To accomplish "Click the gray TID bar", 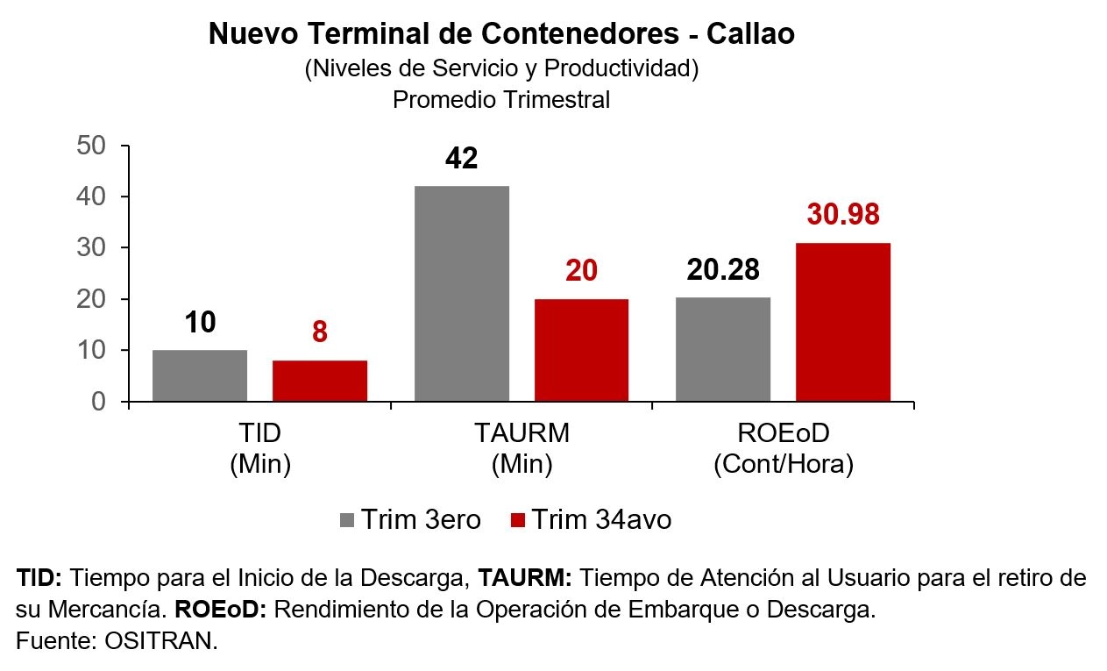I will (x=200, y=375).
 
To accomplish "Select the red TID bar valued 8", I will (x=320, y=381).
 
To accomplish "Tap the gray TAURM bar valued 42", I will (x=462, y=294).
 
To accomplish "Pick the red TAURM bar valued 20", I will (x=581, y=350).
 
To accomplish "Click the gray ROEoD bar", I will (x=723, y=349).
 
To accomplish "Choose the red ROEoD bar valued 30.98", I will (x=843, y=322).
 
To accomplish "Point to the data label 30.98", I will (x=842, y=214).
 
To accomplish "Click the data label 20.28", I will (x=723, y=270).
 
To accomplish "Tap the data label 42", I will (x=462, y=159).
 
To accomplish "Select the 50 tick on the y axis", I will (x=92, y=146).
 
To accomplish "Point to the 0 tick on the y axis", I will (x=99, y=402).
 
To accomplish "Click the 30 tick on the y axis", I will (x=92, y=248).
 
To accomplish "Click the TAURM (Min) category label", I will (x=522, y=448).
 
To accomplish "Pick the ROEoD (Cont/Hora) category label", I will (x=784, y=448).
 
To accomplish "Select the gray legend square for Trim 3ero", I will (x=347, y=520).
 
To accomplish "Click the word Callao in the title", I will (x=750, y=34).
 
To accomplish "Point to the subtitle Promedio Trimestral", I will (x=501, y=100).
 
